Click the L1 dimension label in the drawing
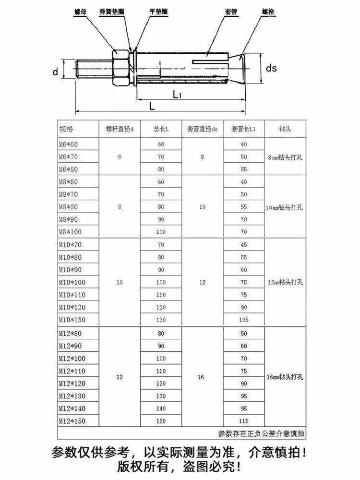coord(177,95)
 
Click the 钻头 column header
coord(285,129)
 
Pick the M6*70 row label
coord(68,157)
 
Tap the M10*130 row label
coord(72,320)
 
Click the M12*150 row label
coord(72,421)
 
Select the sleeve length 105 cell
coord(244,320)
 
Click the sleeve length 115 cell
coord(244,421)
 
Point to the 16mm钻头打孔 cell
coord(285,377)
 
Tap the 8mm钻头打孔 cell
coord(285,157)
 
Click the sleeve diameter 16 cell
coord(202,377)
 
